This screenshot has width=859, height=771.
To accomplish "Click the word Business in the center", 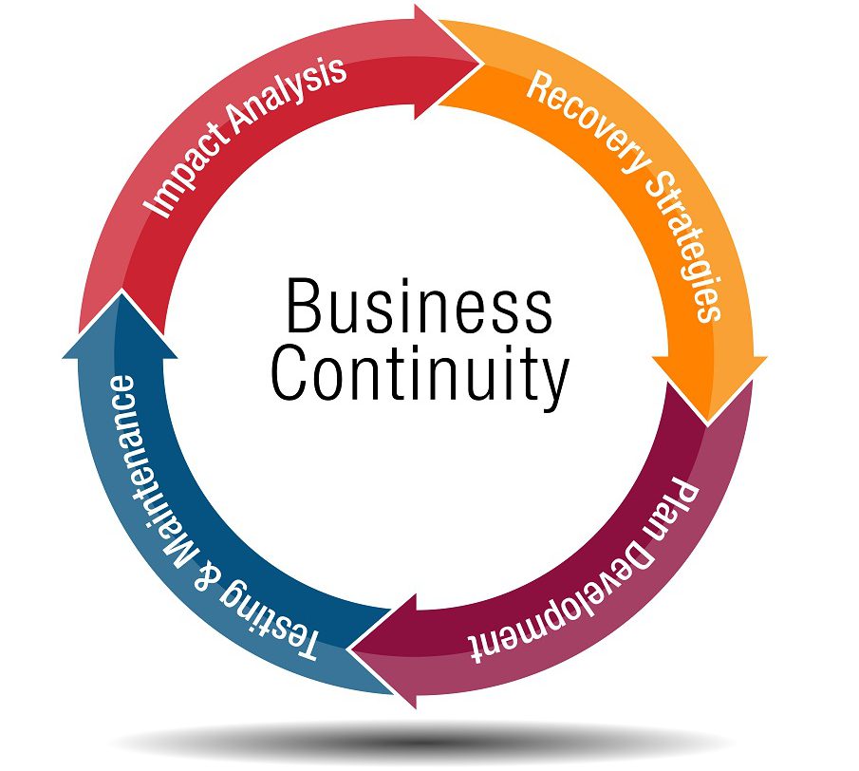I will pyautogui.click(x=418, y=306).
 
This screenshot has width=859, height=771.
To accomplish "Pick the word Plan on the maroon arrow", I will pyautogui.click(x=681, y=508).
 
